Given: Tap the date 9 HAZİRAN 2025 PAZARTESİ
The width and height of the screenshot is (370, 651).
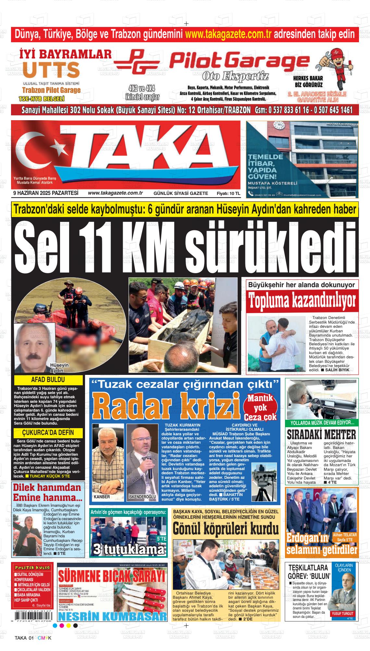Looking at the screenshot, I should click(46, 193).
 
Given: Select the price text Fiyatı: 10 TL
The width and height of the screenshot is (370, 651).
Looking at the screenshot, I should click(228, 193).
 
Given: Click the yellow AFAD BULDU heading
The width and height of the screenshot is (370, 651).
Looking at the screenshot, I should click(48, 380).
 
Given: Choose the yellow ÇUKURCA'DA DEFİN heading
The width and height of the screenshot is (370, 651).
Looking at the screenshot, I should click(48, 432).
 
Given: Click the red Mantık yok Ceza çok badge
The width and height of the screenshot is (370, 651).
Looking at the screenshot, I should click(260, 407).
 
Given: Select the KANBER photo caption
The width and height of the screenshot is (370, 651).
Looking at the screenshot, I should click(102, 497).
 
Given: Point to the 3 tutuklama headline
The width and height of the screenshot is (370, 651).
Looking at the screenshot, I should click(129, 549).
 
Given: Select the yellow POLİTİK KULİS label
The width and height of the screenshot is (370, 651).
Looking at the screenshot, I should click(32, 567).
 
